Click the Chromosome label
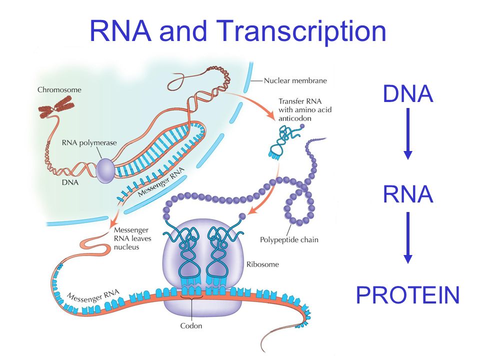point(59,89)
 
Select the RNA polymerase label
point(89,142)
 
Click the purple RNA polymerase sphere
point(105,171)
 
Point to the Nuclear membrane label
point(295,80)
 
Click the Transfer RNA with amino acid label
point(305,105)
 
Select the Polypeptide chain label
point(289,239)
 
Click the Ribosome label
point(262,264)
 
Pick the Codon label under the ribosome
point(191,325)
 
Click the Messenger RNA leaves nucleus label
point(132,238)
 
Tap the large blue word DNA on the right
point(408,93)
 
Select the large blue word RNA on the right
point(408,194)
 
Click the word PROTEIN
point(408,295)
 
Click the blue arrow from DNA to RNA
point(408,133)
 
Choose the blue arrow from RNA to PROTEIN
point(408,237)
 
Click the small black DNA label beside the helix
point(70,182)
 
